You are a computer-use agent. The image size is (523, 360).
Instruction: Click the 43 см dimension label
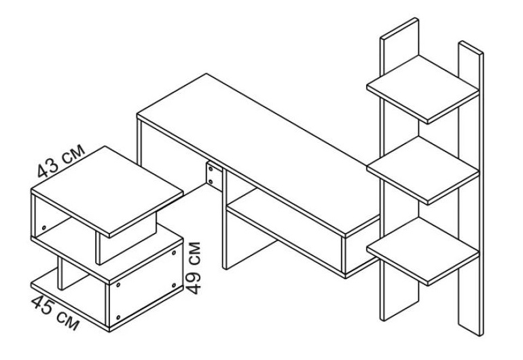coord(60,161)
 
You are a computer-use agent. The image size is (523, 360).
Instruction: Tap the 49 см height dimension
coord(194,268)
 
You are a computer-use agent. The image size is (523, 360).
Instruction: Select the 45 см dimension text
coord(55,312)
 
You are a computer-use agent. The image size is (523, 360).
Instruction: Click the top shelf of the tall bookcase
coord(422,90)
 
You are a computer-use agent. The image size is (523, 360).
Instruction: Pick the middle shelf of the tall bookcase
coord(422,170)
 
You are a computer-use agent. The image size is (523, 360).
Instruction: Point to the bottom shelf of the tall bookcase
coord(422,251)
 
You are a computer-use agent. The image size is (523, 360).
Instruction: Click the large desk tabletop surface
coord(258,153)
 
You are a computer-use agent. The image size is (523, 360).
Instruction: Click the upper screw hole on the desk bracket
coord(211,168)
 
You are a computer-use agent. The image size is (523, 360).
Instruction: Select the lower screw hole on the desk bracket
coord(211,181)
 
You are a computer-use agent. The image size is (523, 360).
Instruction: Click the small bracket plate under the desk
coord(214,176)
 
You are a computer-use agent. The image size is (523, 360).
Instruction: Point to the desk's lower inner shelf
coord(283,230)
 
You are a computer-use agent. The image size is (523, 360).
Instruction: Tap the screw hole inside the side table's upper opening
coord(43,228)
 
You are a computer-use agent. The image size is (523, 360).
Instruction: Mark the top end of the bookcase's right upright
coord(471,47)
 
